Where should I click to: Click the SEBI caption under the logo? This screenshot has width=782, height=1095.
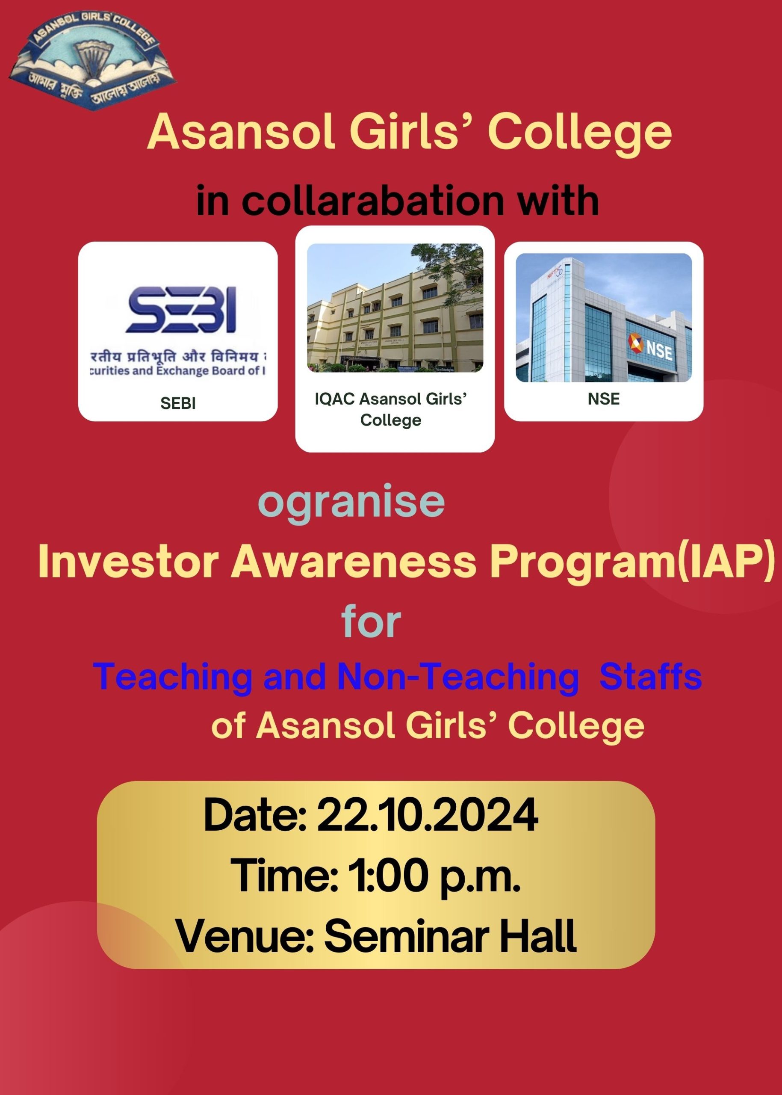178,403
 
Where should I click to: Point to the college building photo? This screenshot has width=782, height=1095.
395,308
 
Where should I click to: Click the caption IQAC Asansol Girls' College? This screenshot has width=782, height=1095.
391,409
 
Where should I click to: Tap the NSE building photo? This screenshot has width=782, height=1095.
604,317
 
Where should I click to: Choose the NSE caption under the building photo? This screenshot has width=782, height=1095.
604,399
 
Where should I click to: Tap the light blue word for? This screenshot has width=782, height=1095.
371,622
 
